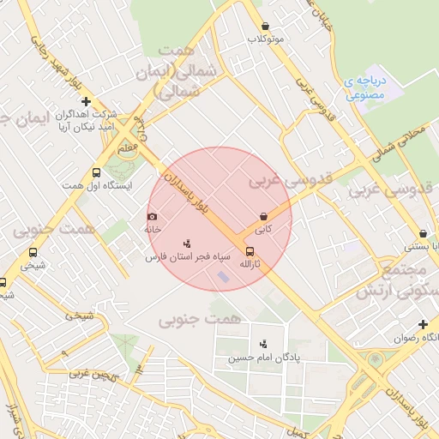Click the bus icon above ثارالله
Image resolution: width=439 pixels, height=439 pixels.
[x=250, y=251]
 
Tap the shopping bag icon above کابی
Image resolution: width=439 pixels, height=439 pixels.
[x=263, y=217]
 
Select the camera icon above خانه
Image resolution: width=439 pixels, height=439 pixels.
[x=153, y=217]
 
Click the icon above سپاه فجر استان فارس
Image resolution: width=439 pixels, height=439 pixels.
[x=188, y=244]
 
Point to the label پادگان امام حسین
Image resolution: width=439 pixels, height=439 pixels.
[x=255, y=358]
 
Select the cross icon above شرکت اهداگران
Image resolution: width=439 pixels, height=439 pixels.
[x=86, y=101]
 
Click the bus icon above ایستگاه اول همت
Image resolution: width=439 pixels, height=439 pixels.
[x=95, y=172]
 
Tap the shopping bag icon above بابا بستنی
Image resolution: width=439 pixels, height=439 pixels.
[x=423, y=233]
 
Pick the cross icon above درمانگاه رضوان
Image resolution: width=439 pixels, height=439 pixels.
[x=423, y=324]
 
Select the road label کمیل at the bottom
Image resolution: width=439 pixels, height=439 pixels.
[x=294, y=430]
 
